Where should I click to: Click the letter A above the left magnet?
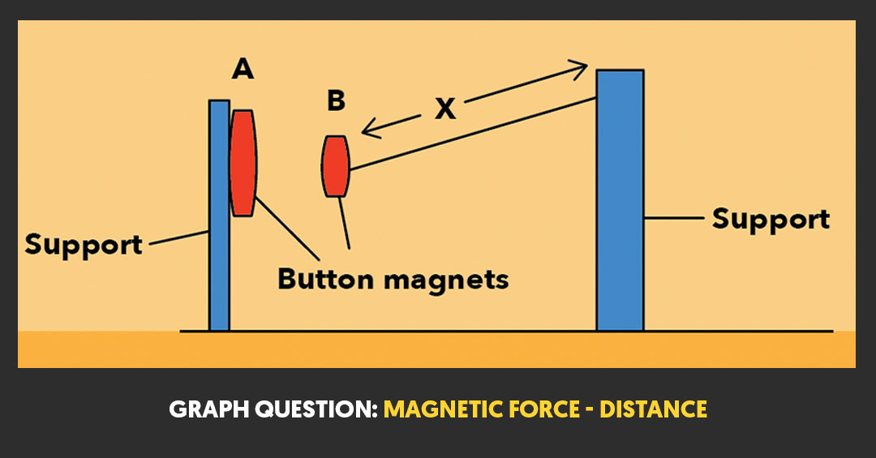[x=243, y=70]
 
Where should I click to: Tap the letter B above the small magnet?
[x=336, y=101]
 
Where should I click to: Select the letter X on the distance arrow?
[x=444, y=109]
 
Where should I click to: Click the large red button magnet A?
[x=243, y=162]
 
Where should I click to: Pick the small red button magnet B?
[x=335, y=166]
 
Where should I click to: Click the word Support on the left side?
[x=84, y=243]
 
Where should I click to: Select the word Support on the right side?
[x=770, y=219]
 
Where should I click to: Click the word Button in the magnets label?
[x=325, y=279]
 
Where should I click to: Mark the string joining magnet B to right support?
[x=470, y=133]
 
